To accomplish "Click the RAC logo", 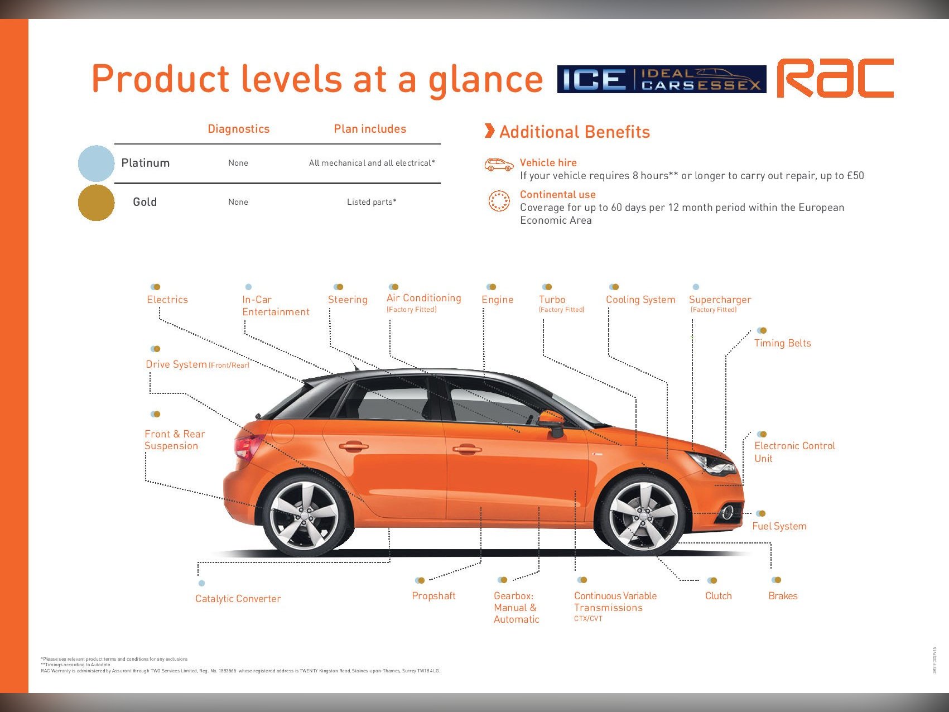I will pos(835,78).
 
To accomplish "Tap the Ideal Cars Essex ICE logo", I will pos(661,79).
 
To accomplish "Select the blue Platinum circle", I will pos(96,163).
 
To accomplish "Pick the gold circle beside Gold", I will pos(96,203).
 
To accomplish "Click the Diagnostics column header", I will pos(238,129).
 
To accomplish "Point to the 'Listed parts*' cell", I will pos(372,202).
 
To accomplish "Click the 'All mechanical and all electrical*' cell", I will pos(372,163).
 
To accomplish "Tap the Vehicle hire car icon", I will pos(499,165).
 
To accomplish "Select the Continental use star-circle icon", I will pos(499,201).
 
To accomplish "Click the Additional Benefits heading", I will pos(575,132).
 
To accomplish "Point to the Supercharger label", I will pos(720,300).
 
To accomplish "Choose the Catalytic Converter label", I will pos(238,599).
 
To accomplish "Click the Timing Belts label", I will pos(782,343).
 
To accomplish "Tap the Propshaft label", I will pos(433,596).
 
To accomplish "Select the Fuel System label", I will pos(779,526).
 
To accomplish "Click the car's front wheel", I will pos(642,516).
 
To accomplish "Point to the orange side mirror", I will pos(552,420).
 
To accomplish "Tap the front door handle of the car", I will pos(467,449).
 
